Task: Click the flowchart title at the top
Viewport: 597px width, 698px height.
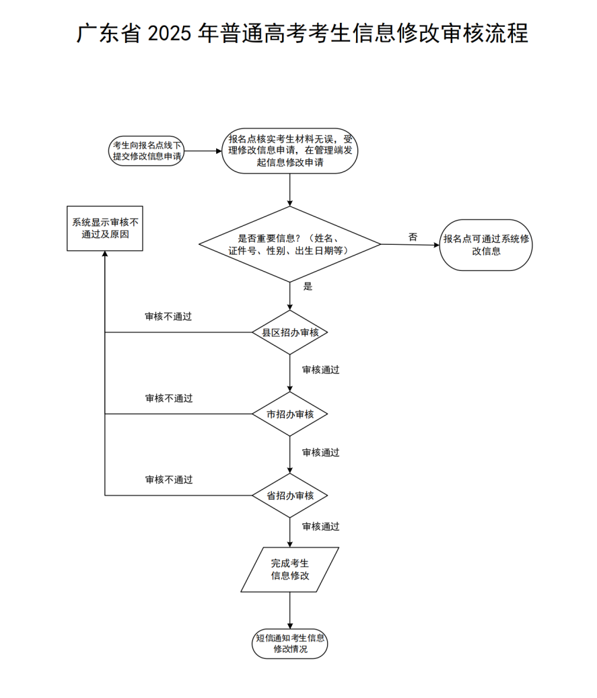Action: coord(302,33)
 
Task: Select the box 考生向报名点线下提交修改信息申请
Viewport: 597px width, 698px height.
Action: coord(147,151)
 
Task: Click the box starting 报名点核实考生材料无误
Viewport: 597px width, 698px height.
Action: coord(289,151)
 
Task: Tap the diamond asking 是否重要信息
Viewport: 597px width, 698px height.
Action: coord(289,244)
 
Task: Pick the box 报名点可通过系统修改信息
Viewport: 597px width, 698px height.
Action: coord(486,245)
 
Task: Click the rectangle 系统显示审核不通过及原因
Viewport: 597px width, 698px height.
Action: coord(105,229)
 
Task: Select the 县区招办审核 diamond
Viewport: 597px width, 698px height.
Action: coord(289,332)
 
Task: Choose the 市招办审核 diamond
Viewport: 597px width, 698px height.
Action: coord(289,414)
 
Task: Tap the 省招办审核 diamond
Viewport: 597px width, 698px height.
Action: coord(289,496)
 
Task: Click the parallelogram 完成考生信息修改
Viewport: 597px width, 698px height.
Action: coord(289,570)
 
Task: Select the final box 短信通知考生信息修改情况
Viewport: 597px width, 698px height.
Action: coord(289,644)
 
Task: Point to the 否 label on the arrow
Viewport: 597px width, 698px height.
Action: coord(413,237)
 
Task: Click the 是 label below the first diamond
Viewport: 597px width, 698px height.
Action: coord(308,286)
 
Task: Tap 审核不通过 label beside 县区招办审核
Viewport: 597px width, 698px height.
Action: coord(168,316)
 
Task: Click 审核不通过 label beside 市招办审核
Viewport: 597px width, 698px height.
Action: coord(169,398)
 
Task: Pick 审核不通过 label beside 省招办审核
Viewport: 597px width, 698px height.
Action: coord(169,479)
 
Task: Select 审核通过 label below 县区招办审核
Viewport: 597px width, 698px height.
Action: coord(320,370)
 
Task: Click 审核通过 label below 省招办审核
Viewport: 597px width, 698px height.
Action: coord(320,527)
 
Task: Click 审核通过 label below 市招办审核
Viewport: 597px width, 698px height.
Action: coord(320,453)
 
